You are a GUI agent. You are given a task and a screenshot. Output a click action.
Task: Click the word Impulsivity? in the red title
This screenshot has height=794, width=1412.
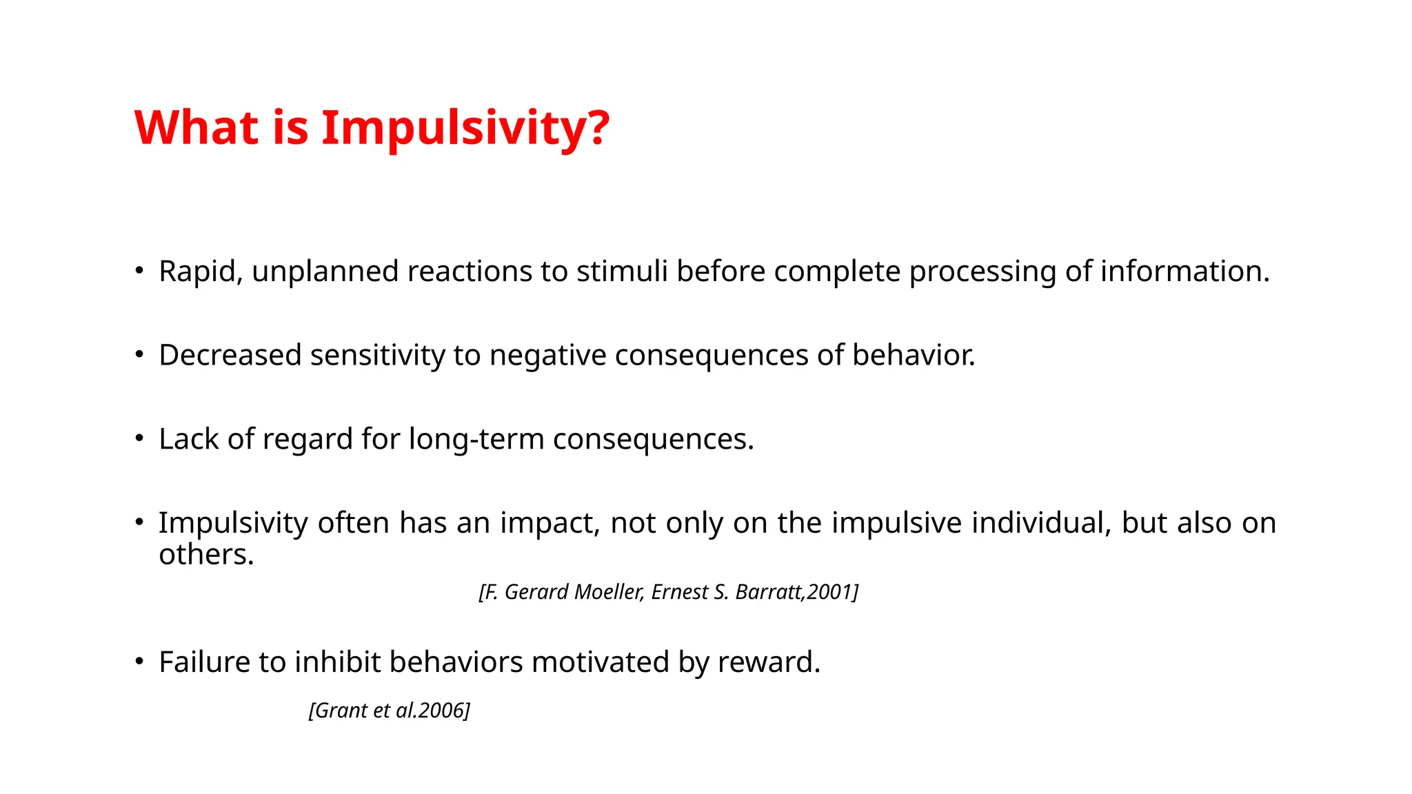[465, 128]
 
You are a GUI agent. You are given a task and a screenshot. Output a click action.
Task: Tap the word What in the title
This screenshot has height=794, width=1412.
[196, 128]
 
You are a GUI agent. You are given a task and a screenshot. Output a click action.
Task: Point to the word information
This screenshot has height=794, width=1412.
[1184, 272]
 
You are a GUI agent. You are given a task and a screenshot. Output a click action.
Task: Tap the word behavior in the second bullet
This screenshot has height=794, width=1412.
[912, 356]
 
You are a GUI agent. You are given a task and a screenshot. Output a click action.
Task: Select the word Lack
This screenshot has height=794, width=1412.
[188, 439]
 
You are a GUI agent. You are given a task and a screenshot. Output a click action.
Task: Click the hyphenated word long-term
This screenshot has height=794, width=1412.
[476, 439]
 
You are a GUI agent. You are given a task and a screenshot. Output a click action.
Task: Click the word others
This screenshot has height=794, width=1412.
[205, 554]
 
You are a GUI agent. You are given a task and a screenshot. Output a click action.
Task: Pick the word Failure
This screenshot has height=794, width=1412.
[204, 662]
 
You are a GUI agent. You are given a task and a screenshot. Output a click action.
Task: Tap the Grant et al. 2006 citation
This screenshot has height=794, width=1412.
[390, 711]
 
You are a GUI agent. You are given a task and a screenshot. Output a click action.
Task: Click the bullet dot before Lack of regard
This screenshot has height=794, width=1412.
[139, 438]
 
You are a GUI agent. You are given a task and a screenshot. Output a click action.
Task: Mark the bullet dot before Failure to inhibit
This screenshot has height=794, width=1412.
[139, 662]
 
